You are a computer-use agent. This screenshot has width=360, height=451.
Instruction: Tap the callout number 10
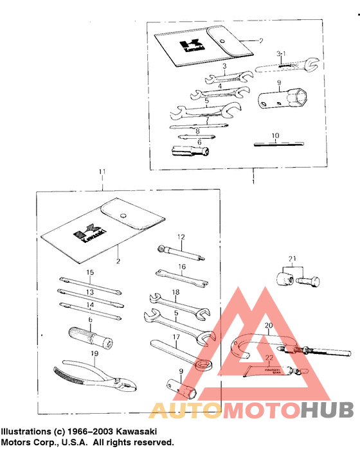point(274,136)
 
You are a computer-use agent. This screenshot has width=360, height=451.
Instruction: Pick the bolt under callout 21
point(310,280)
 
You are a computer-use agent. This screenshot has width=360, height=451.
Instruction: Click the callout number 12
point(181,236)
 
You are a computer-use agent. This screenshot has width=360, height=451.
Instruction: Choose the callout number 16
point(182,266)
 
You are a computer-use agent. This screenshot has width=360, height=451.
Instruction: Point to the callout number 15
point(91,272)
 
